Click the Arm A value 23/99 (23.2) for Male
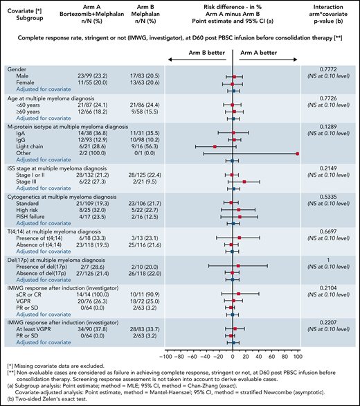pyautogui.click(x=90, y=77)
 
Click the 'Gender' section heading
pyautogui.click(x=18, y=70)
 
